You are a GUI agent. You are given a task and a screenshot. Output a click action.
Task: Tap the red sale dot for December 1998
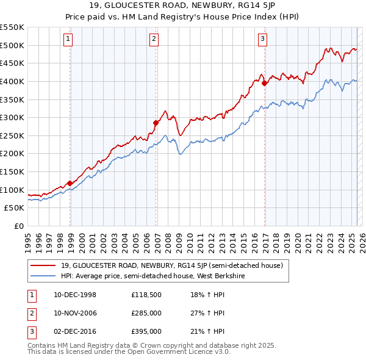[70, 183]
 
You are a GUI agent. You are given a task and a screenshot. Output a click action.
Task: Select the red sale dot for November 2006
[156, 123]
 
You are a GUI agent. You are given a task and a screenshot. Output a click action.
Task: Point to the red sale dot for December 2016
[264, 84]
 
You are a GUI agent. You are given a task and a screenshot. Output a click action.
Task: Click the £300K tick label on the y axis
[12, 117]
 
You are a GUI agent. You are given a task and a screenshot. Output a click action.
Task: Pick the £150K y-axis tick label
[12, 171]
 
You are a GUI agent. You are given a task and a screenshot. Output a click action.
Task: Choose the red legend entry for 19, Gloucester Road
[171, 266]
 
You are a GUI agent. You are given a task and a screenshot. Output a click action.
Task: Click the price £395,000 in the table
[146, 332]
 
